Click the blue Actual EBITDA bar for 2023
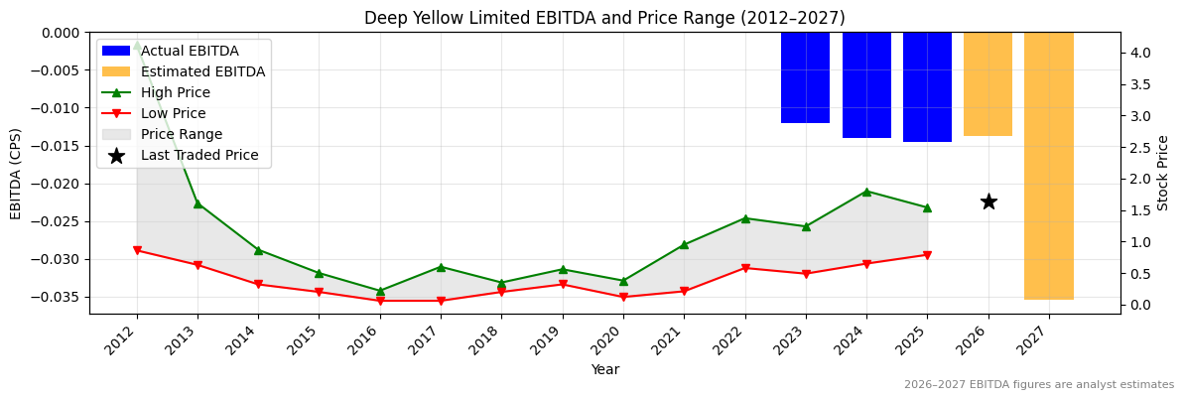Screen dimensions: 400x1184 click(x=805, y=77)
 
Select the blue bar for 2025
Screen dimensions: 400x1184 click(x=927, y=87)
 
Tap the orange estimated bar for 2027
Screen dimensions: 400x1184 click(x=1048, y=166)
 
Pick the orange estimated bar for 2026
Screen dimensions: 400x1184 click(x=987, y=84)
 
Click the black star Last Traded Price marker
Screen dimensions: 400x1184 click(x=988, y=201)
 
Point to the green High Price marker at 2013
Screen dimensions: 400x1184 click(x=197, y=203)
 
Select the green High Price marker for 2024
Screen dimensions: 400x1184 click(x=866, y=192)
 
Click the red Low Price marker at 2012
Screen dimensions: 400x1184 click(x=137, y=250)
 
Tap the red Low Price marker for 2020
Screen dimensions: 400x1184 click(x=623, y=297)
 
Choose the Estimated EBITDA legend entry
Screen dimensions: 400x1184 click(x=202, y=71)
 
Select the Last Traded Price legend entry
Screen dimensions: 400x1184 click(x=198, y=155)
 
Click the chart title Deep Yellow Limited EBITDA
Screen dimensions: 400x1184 click(x=604, y=18)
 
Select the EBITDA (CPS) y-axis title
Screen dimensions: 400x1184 click(x=16, y=173)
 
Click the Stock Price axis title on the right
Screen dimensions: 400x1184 click(x=1163, y=173)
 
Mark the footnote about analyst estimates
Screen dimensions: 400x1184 click(x=1038, y=385)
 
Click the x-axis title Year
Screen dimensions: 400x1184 click(x=604, y=369)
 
